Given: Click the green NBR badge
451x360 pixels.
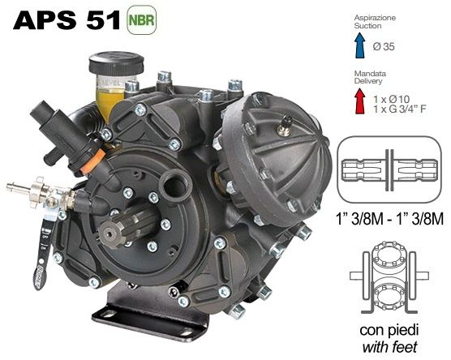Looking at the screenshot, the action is [141, 20].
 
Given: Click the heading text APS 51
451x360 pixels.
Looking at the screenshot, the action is [67, 21].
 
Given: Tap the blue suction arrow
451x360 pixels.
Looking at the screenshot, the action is [359, 45].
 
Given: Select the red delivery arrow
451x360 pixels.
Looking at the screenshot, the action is [360, 101].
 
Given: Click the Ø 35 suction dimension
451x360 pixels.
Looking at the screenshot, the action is [384, 46].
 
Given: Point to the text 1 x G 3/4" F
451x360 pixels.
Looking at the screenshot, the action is [400, 109].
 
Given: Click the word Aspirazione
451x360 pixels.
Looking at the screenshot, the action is [375, 18].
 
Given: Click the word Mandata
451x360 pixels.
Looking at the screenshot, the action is [370, 74].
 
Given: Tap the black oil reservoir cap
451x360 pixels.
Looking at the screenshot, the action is [116, 62].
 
